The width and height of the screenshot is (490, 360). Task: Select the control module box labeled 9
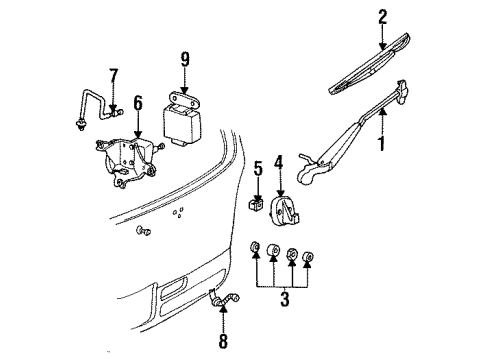(x=180, y=123)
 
